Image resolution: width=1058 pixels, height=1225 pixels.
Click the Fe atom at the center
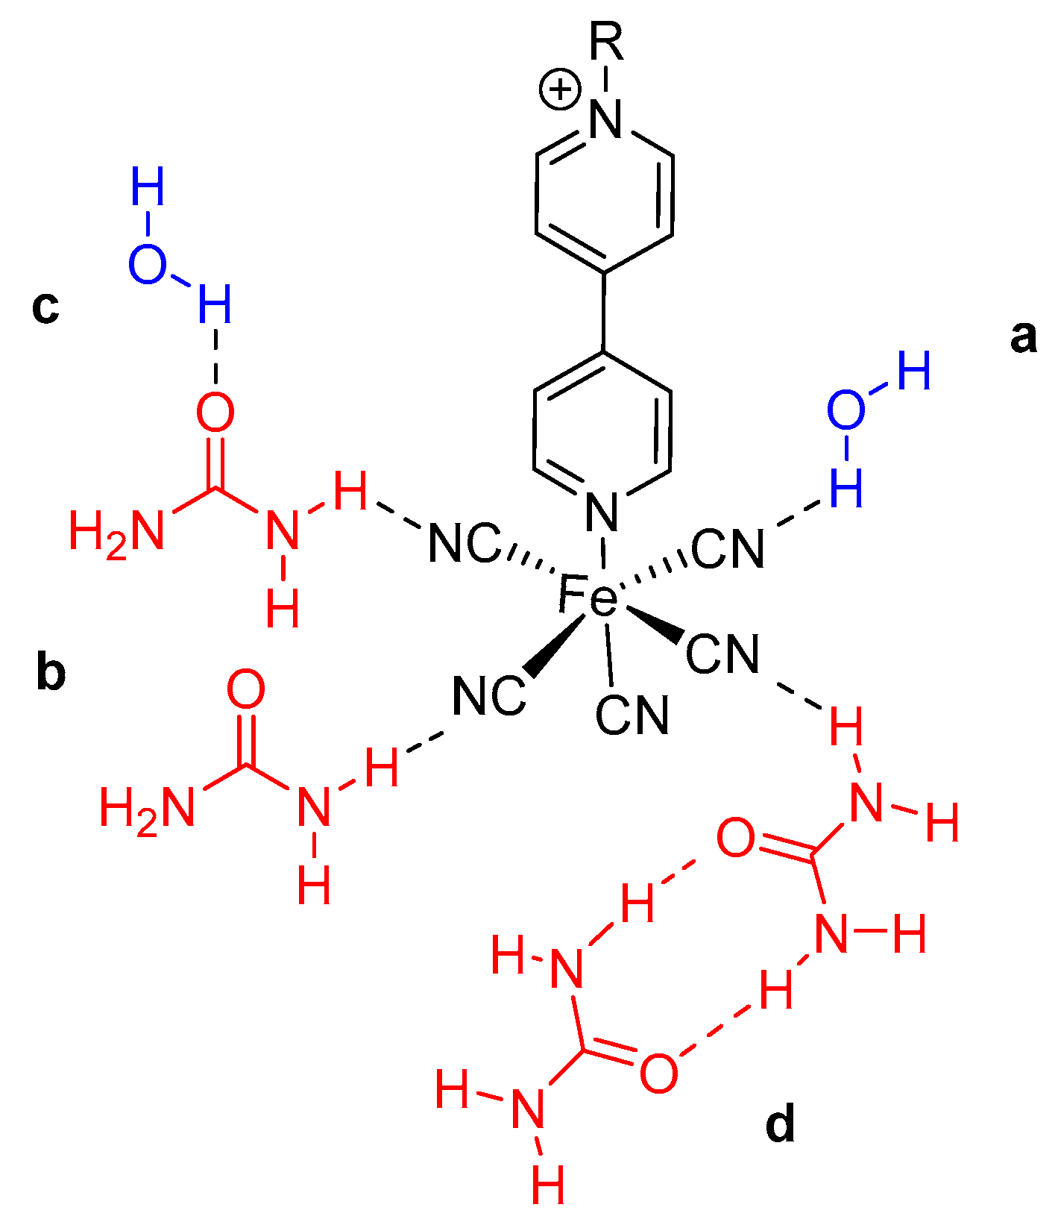[588, 598]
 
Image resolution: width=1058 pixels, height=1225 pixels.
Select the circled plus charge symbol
[559, 90]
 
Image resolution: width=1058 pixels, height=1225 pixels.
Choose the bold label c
[45, 307]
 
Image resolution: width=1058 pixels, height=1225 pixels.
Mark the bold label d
[780, 1124]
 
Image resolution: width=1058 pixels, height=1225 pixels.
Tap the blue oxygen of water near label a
[846, 410]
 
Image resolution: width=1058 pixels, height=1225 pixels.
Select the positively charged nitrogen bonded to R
[605, 119]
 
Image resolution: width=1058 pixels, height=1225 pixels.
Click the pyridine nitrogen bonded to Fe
[602, 512]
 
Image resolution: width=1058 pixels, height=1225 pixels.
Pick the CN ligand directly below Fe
[632, 715]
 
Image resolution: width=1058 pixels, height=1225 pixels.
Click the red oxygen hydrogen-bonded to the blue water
[215, 413]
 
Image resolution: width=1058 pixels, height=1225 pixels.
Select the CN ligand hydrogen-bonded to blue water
[728, 548]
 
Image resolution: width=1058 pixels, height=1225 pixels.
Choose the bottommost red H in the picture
[548, 1184]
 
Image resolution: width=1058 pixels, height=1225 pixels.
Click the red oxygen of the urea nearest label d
[659, 1074]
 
